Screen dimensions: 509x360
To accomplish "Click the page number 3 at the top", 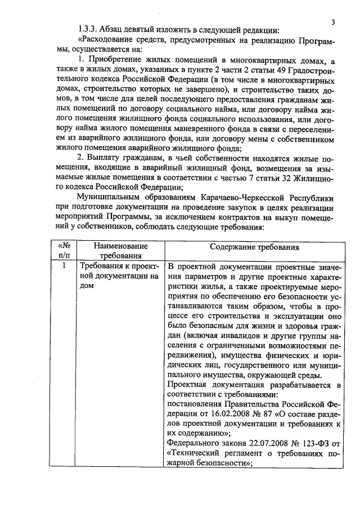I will [x=333, y=22].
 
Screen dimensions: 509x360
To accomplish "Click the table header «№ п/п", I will [x=64, y=251].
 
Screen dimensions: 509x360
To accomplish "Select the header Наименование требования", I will [x=120, y=251].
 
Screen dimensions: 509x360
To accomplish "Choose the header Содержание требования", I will [x=254, y=246].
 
